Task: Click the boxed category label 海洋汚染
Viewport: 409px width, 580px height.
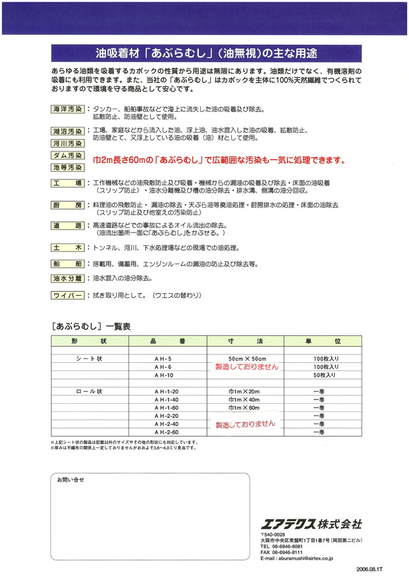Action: coord(68,109)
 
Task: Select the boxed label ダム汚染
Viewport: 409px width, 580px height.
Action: coord(68,156)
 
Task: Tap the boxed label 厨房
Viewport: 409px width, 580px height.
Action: coord(68,206)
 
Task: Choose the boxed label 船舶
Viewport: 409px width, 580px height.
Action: coord(68,263)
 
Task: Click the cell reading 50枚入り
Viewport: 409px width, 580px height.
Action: coord(325,375)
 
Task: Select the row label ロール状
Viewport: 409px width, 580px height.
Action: coord(89,390)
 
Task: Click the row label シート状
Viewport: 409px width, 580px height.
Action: coord(89,359)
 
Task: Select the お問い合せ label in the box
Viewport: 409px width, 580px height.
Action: coord(70,478)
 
